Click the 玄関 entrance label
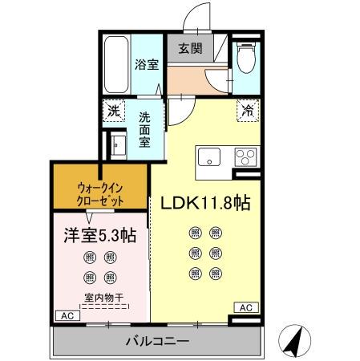[191, 48]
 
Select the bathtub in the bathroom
[116, 65]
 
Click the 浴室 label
[147, 64]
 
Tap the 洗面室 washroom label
[145, 128]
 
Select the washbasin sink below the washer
[118, 148]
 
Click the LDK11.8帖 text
[207, 203]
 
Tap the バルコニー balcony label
[157, 341]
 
